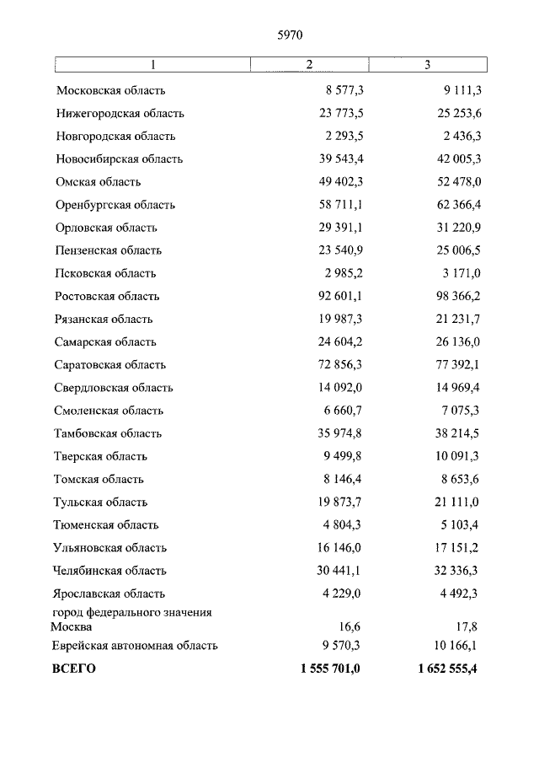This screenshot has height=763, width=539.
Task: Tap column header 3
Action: click(427, 64)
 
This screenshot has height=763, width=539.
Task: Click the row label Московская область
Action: click(111, 90)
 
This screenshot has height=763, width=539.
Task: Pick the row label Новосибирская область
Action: click(120, 159)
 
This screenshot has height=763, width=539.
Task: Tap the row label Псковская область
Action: click(106, 273)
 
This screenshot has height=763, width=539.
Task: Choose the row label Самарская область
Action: click(106, 342)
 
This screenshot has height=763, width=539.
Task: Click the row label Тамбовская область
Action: click(109, 433)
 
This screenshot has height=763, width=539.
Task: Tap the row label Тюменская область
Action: click(106, 524)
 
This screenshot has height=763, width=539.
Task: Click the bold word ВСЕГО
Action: click(75, 669)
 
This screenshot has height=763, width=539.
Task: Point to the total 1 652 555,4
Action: click(446, 669)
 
